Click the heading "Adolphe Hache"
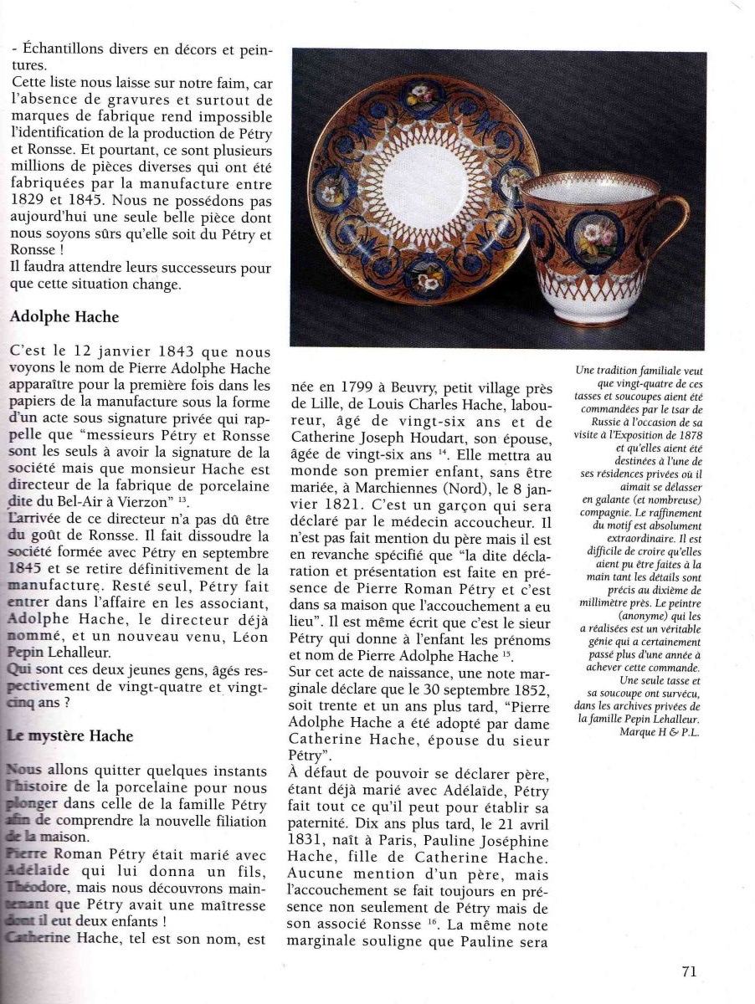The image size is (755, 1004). pos(64,318)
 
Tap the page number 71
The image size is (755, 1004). pos(689,971)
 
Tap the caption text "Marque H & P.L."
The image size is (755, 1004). pos(660,732)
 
